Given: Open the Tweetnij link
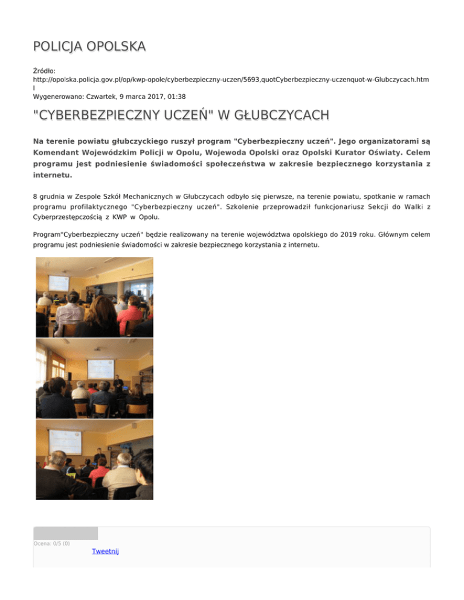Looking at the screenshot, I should [x=105, y=551].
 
